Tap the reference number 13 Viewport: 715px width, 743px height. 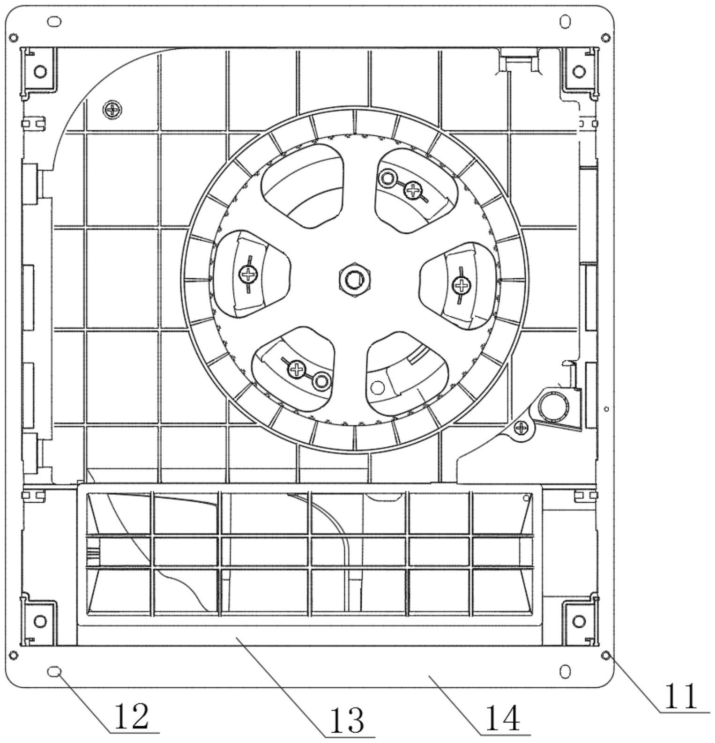pos(347,721)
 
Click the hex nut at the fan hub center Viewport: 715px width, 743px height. pos(354,281)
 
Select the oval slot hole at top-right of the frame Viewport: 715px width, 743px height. pos(566,22)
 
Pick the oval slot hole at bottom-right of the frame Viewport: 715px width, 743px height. pos(566,672)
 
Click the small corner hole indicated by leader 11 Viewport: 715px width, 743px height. pos(605,654)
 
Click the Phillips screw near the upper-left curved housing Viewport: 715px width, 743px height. pos(112,110)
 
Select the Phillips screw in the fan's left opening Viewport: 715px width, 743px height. pos(248,273)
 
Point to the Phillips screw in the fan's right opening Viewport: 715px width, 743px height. pos(462,284)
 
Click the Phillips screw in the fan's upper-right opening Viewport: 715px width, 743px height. pos(413,190)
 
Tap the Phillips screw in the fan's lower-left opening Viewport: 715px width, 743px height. pos(296,369)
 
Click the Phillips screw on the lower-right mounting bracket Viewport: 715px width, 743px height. pos(521,427)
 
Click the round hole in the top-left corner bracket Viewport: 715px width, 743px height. pos(41,71)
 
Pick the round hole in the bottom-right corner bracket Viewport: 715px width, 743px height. pos(580,621)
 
